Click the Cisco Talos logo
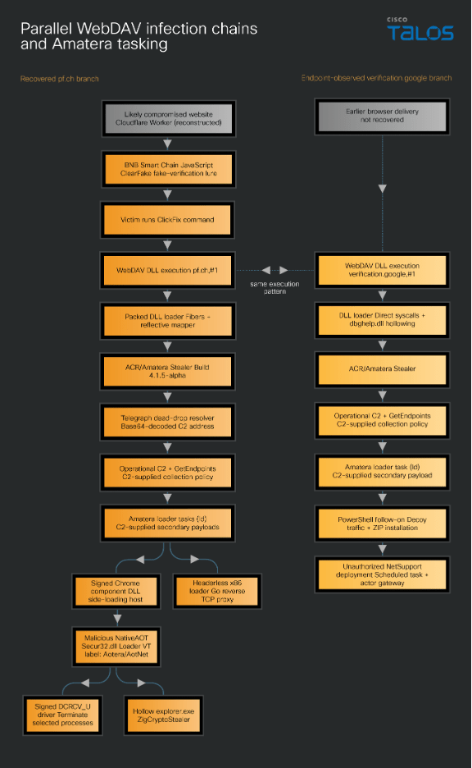click(420, 30)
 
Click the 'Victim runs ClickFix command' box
click(167, 220)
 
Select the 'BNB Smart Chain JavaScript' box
click(168, 169)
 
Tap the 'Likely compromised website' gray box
click(168, 118)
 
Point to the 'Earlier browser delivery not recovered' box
click(382, 117)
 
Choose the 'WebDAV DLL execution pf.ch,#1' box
click(167, 271)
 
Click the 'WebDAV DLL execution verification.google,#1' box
click(382, 271)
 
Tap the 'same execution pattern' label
click(275, 287)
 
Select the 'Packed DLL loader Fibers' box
click(168, 321)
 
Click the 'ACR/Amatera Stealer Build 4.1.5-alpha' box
click(167, 371)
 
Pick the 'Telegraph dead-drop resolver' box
click(167, 423)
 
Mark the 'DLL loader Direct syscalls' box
click(382, 320)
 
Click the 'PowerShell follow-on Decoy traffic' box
click(382, 523)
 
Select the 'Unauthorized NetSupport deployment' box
click(382, 574)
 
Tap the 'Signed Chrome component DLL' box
click(116, 592)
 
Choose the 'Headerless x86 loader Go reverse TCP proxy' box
click(217, 592)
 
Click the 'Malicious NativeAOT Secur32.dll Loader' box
click(116, 647)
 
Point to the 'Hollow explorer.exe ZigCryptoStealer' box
click(163, 715)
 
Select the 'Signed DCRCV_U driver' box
click(62, 715)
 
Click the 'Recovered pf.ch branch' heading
click(60, 79)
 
